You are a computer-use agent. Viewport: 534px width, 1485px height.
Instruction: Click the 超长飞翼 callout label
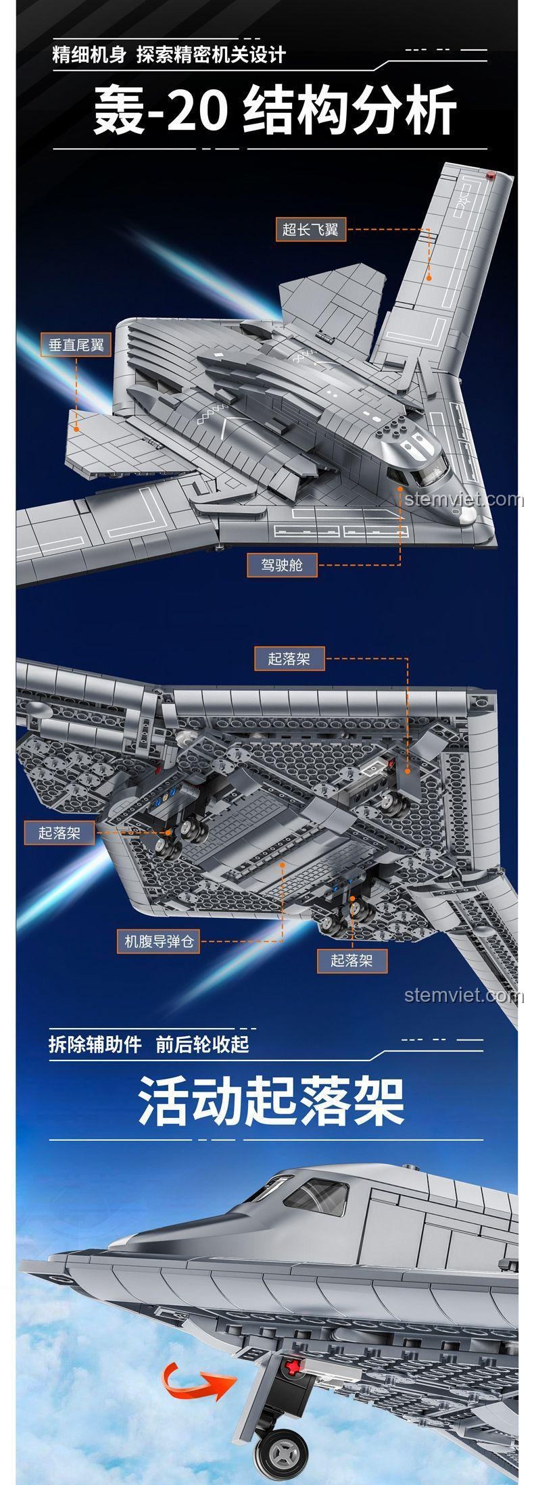click(310, 230)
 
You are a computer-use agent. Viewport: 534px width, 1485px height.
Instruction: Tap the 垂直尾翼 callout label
click(76, 345)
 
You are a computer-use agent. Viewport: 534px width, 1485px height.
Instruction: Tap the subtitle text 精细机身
click(89, 55)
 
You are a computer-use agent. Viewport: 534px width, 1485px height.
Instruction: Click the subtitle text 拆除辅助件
click(95, 1044)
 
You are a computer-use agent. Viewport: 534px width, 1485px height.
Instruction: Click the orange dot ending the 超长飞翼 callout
click(428, 276)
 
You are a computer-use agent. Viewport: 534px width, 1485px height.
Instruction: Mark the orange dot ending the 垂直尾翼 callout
click(77, 427)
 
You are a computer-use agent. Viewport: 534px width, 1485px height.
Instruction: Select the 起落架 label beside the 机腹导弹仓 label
click(351, 960)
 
